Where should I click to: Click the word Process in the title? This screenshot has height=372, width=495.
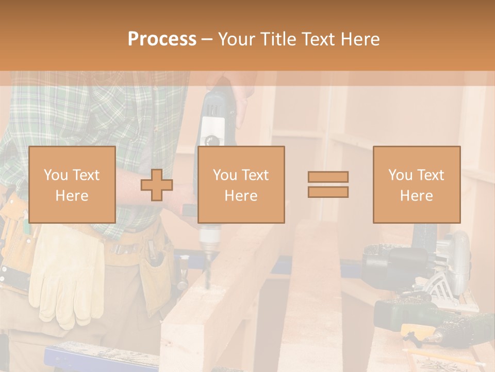tap(162, 39)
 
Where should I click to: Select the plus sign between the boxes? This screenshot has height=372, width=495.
tap(157, 185)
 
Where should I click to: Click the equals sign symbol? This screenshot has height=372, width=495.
tap(328, 184)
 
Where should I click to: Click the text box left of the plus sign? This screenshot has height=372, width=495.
tap(72, 185)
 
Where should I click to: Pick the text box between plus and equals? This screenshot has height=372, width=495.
tap(241, 185)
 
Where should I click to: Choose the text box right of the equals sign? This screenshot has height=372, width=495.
tap(416, 185)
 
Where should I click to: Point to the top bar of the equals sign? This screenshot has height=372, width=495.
tap(328, 177)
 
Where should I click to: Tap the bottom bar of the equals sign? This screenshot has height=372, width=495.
tap(328, 192)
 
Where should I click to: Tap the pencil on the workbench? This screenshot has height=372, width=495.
tap(438, 357)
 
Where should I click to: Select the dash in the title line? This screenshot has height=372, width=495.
tap(207, 39)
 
